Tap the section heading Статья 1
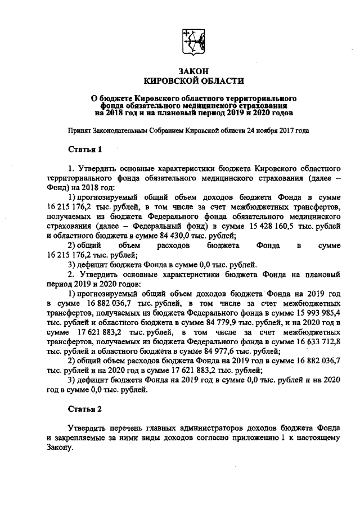85,150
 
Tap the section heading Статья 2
85,410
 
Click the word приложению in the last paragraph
266,440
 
